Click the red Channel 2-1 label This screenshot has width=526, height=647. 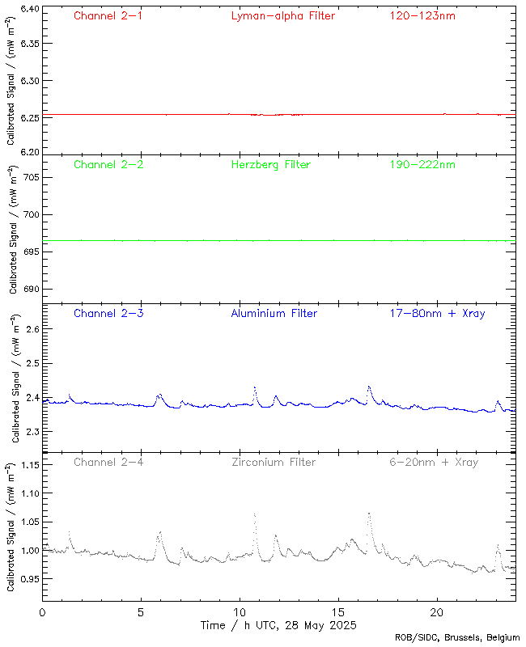[108, 16]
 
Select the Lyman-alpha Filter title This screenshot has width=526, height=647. [282, 16]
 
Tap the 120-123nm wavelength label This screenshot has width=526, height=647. [422, 16]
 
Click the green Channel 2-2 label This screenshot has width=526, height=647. [108, 165]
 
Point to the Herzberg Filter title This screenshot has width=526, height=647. [270, 165]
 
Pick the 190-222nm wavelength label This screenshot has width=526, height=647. [422, 165]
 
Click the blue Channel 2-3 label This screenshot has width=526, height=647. [108, 313]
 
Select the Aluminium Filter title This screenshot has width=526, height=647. [274, 313]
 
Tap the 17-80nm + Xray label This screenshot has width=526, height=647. [437, 313]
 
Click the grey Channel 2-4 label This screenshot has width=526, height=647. [108, 463]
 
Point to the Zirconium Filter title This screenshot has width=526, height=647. [274, 463]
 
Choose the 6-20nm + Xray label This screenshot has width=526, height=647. [433, 463]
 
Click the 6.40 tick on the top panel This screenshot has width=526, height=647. [28, 10]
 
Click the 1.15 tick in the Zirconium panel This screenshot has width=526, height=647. [28, 465]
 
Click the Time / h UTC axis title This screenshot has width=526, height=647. [279, 626]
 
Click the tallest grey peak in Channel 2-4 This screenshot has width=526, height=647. [369, 513]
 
